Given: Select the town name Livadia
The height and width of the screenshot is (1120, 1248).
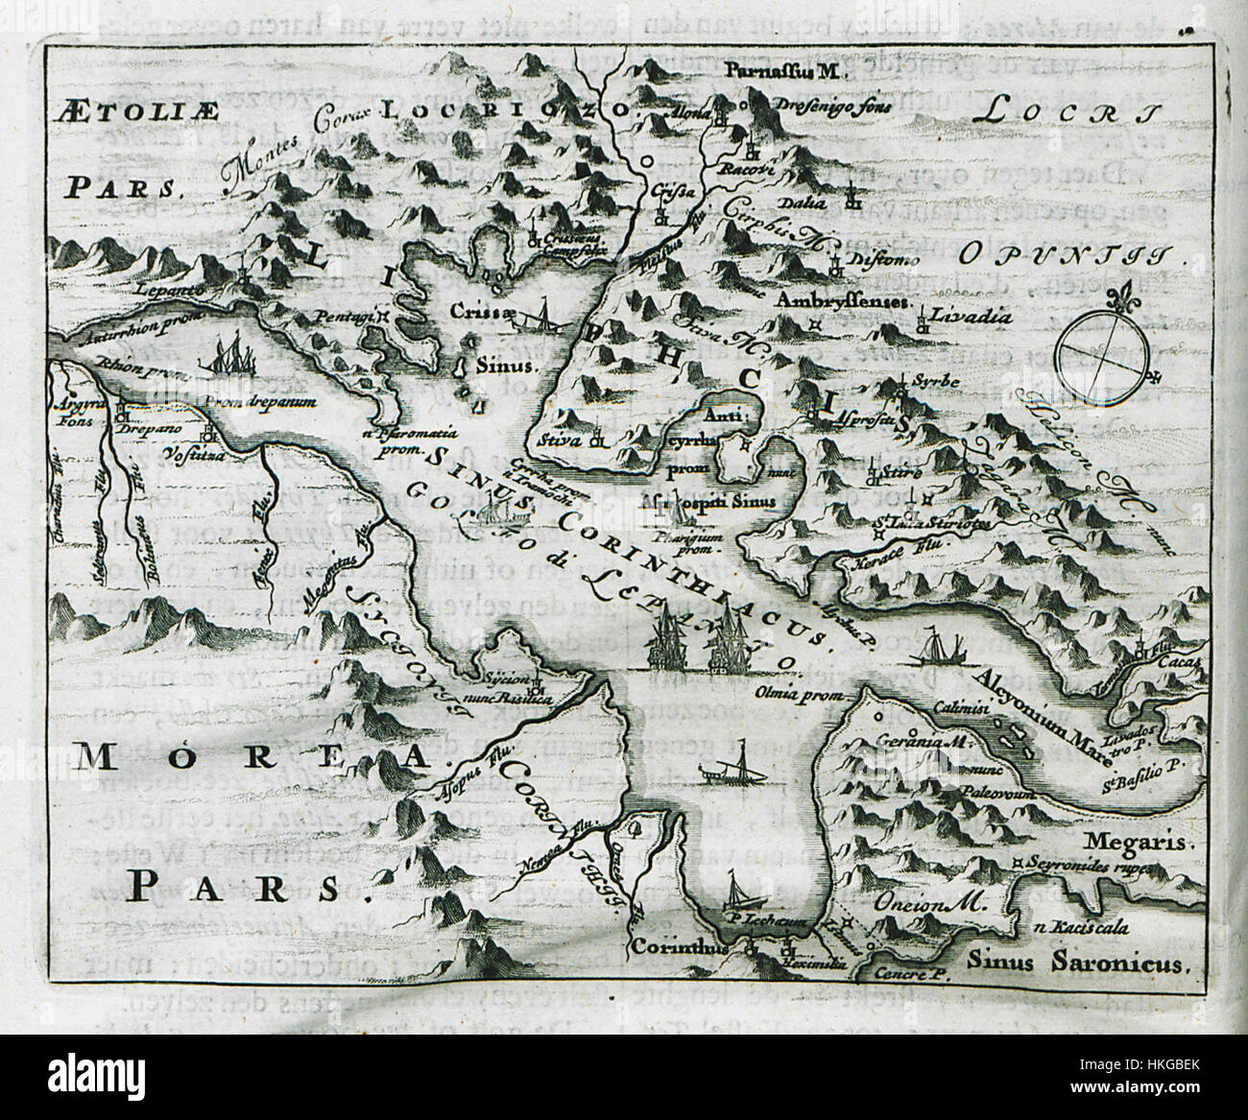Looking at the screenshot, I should pyautogui.click(x=960, y=313).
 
